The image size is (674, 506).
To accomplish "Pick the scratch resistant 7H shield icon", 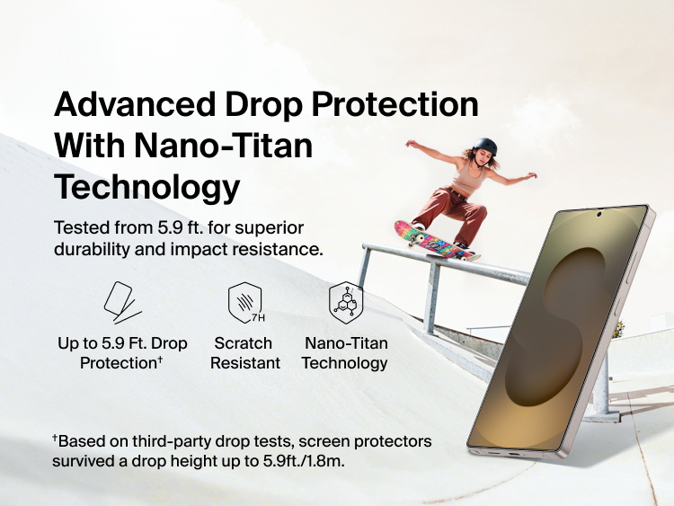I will coord(244,303).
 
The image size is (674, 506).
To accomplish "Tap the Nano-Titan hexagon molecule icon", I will coord(345,303).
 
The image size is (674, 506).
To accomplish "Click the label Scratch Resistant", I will coord(244,353).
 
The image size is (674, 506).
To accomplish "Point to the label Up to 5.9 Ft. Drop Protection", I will coord(123,353).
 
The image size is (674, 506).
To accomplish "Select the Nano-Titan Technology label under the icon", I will coord(345,353).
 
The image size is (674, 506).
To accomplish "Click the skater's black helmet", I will coord(484,146).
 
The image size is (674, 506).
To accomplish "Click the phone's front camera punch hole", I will coord(598,214).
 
